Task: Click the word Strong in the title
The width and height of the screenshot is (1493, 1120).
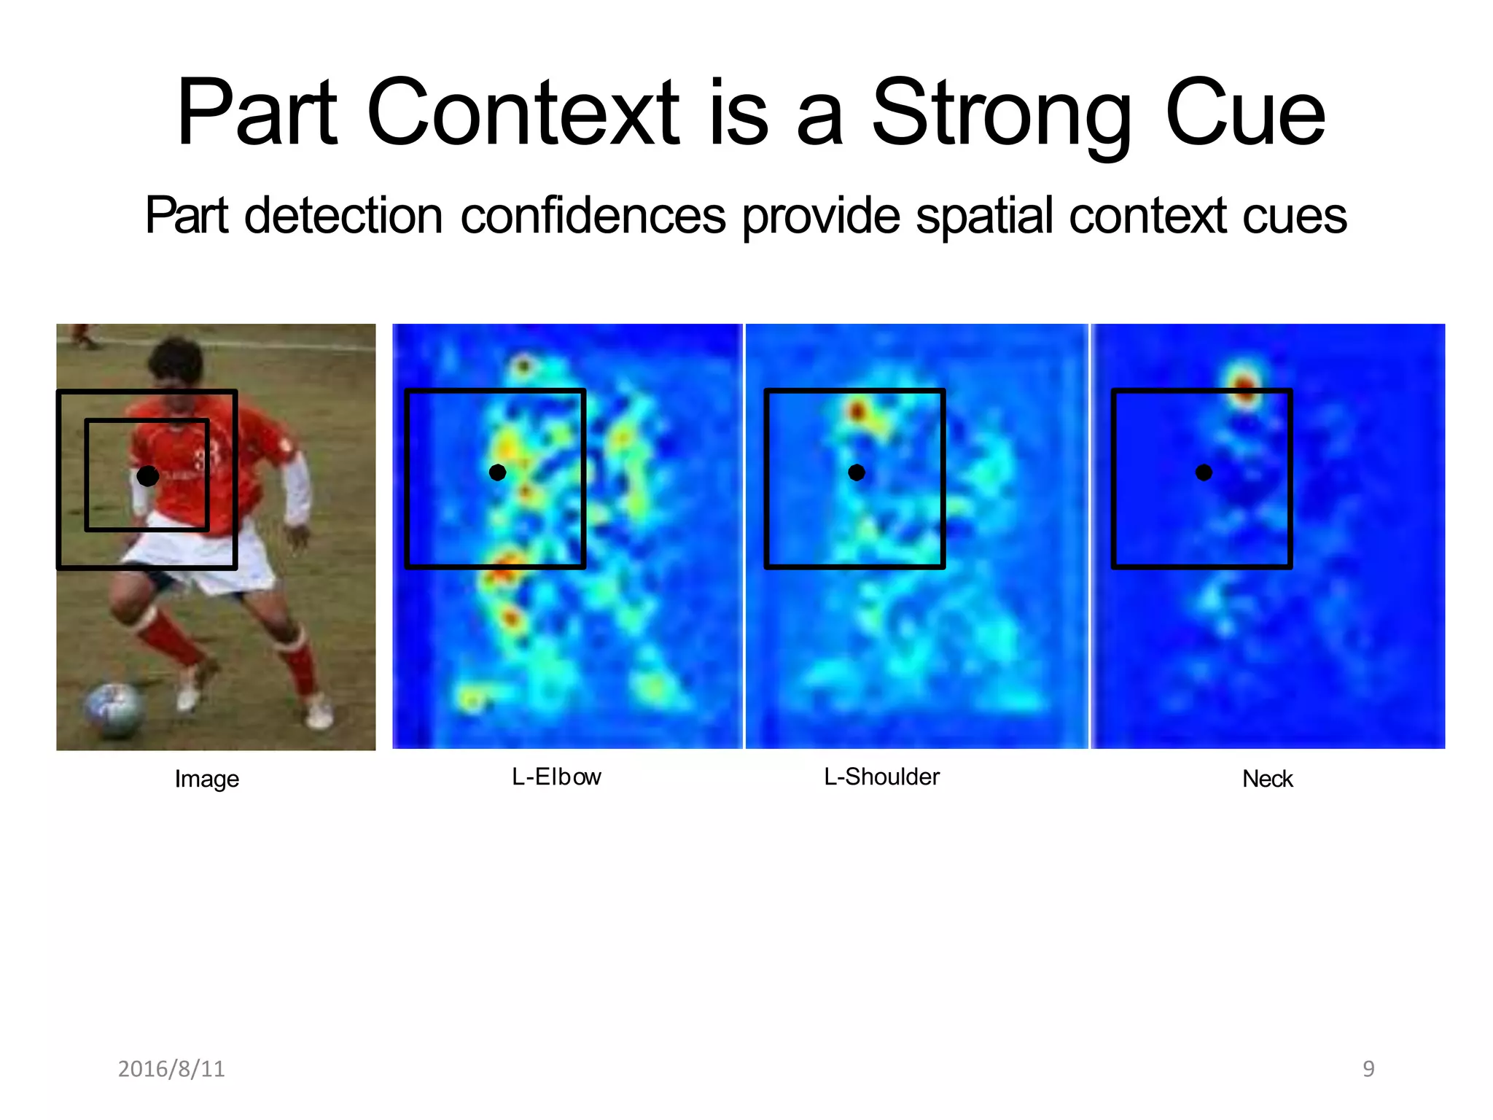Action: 1002,115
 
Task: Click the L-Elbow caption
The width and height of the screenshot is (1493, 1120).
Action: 556,777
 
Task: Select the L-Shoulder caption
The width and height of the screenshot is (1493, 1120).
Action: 881,777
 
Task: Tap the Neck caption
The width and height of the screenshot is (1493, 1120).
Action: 1267,779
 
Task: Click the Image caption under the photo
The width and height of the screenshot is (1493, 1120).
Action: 206,779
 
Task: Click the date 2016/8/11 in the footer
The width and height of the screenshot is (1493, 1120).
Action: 171,1068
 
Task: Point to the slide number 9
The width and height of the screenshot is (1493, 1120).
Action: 1368,1068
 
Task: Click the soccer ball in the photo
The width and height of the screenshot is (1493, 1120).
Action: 114,708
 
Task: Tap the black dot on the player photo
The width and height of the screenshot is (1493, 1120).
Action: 148,476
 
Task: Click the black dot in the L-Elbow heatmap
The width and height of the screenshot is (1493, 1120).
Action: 497,472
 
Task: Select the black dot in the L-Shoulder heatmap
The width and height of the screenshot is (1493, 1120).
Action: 857,472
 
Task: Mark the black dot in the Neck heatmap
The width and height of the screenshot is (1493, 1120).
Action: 1204,472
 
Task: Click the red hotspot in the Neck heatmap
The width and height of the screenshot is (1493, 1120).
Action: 1244,384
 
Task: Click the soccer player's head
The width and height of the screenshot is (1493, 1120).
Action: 175,362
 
